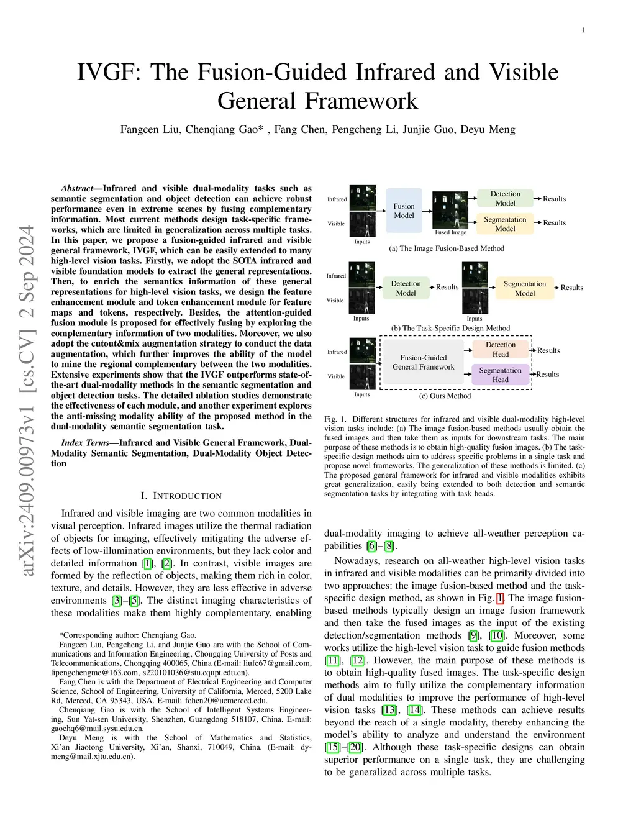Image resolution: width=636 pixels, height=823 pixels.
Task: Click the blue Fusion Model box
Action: (404, 211)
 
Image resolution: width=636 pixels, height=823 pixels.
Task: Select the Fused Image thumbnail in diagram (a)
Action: (450, 210)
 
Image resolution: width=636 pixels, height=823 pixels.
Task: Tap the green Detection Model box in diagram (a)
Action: (505, 198)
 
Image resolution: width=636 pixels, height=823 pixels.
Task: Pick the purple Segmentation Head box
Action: (500, 375)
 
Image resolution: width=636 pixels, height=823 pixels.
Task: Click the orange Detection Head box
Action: (501, 349)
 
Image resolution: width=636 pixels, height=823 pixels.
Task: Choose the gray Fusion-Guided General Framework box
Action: (423, 362)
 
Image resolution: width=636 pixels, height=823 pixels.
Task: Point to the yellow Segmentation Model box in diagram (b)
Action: (524, 288)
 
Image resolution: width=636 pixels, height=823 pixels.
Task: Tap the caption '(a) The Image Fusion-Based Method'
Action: (447, 248)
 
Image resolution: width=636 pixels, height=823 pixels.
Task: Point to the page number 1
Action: (583, 30)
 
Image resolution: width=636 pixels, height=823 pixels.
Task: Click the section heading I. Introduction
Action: (181, 496)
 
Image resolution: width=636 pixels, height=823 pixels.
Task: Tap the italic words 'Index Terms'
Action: (84, 443)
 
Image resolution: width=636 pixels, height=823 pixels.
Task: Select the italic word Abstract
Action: (77, 188)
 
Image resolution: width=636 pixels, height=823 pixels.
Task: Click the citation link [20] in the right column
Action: (355, 747)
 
